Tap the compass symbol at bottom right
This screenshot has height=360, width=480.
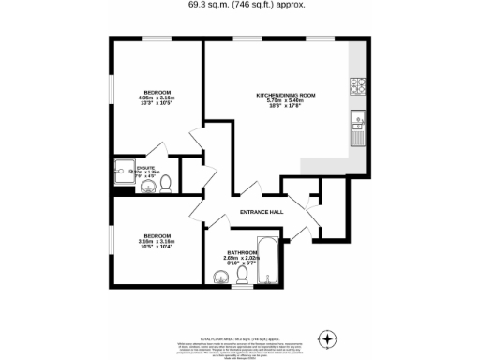[x=327, y=337]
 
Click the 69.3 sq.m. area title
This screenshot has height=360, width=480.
[x=239, y=5]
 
